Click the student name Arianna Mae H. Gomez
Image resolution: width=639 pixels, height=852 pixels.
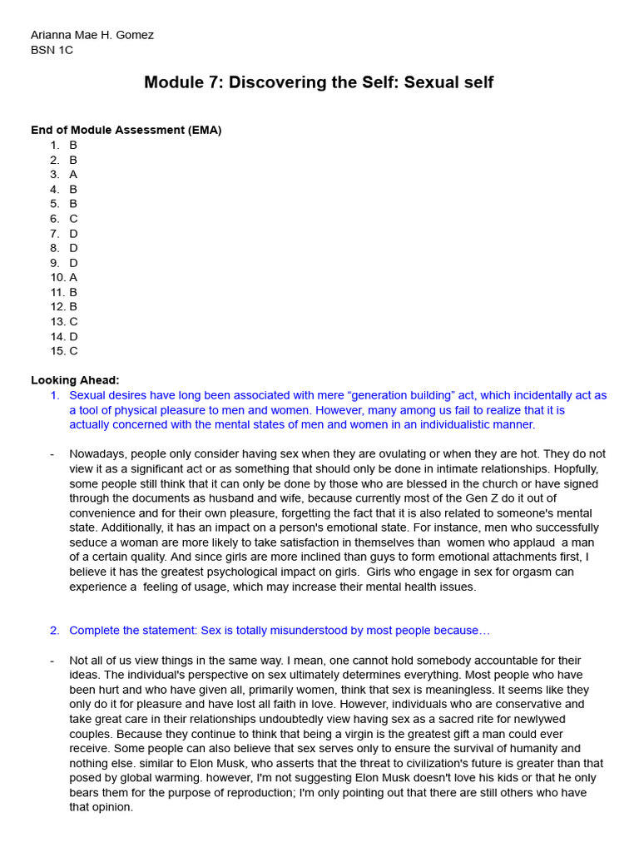click(92, 35)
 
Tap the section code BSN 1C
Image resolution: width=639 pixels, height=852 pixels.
click(52, 50)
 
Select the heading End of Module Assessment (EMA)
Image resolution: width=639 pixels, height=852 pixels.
click(126, 130)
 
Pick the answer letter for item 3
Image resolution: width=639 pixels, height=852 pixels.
click(73, 175)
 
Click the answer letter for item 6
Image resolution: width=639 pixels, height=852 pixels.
click(73, 219)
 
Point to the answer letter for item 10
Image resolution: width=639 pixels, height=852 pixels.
click(73, 277)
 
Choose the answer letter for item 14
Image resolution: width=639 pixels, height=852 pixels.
click(73, 336)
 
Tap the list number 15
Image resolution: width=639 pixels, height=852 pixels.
click(57, 351)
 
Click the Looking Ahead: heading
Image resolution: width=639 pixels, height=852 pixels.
click(75, 380)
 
